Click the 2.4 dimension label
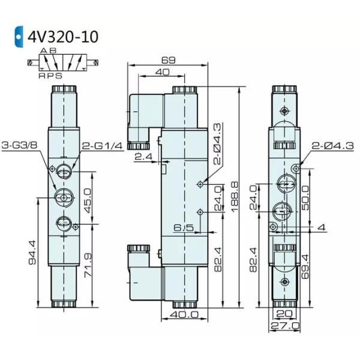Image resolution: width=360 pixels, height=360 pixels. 143,157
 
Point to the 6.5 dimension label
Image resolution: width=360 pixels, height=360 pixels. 182,227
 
